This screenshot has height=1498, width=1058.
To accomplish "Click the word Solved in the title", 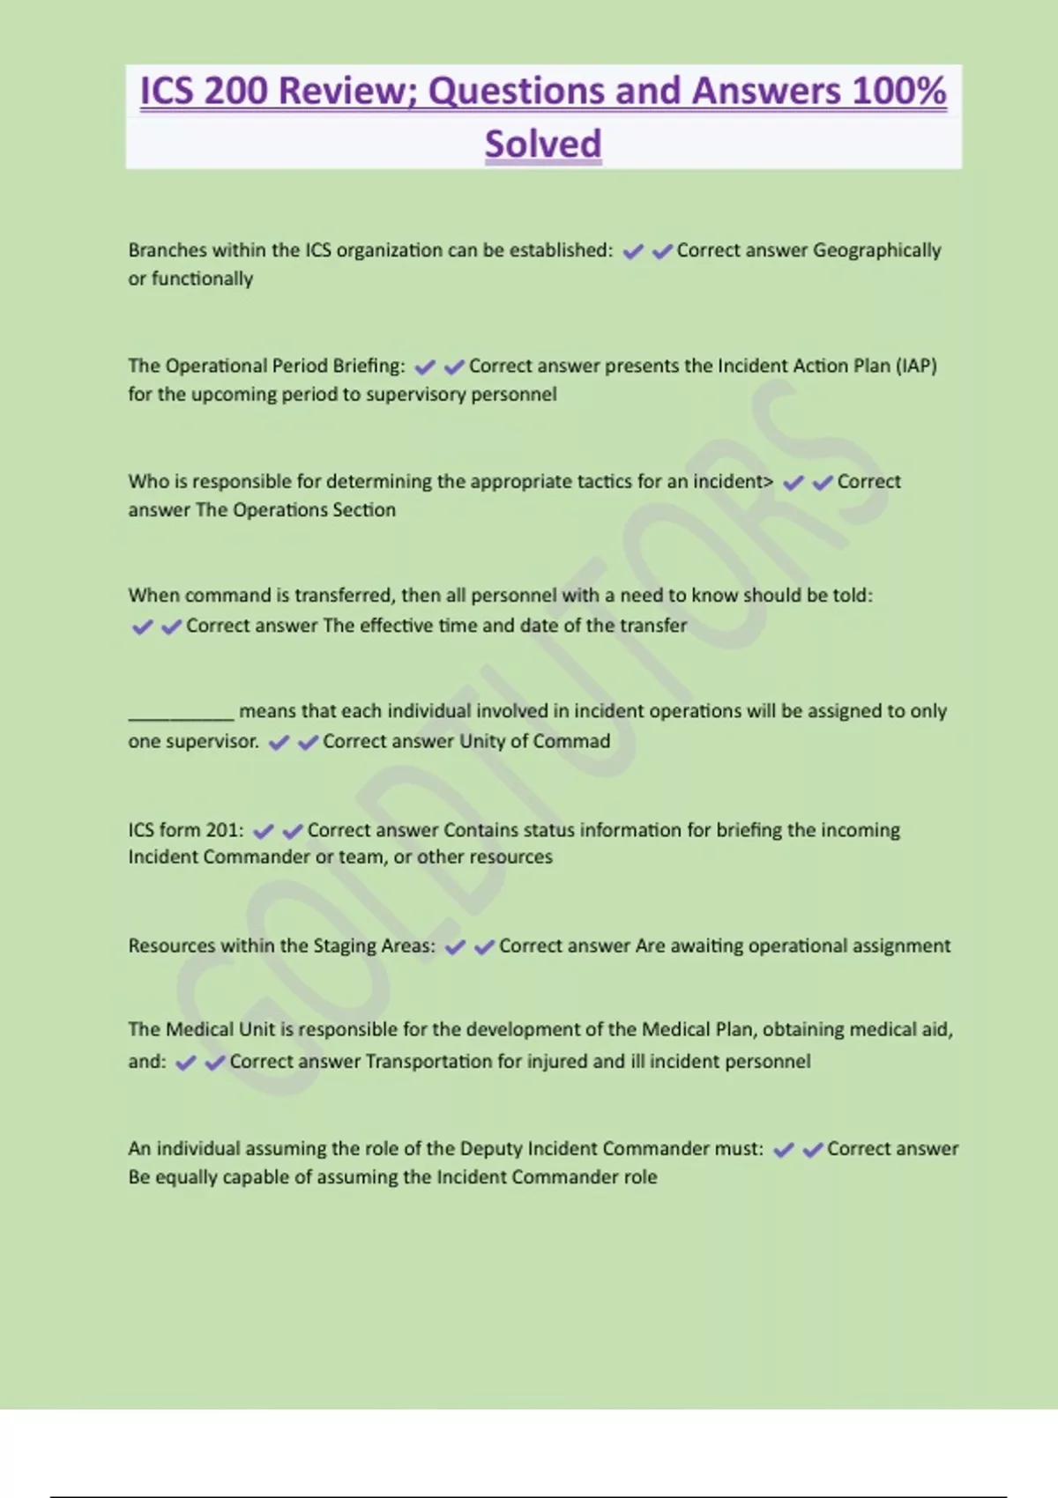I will pos(543,144).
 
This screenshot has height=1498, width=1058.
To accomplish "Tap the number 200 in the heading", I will pos(235,91).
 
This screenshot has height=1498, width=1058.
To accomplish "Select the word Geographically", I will pos(876,250).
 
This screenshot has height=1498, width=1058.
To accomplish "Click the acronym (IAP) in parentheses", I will pos(916,366).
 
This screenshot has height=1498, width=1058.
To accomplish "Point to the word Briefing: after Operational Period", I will pos(369,366).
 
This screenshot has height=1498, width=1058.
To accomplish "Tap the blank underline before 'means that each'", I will pos(181,712).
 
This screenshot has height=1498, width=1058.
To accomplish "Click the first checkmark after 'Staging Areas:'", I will pos(455,947).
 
